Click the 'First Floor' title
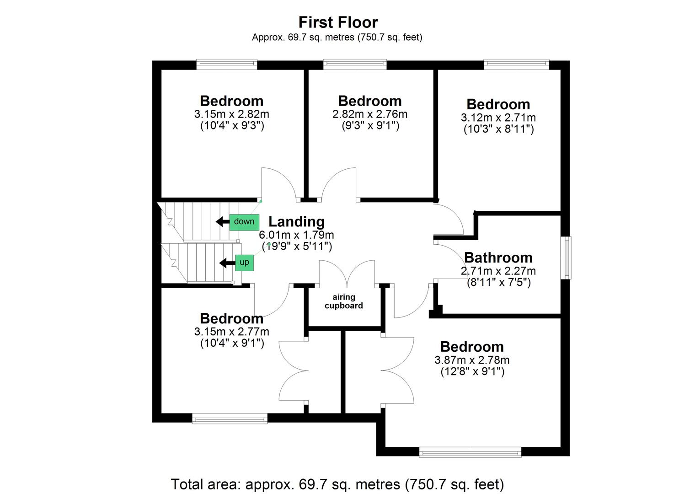pos(338,22)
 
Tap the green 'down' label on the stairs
pos(244,222)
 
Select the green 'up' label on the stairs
pos(244,263)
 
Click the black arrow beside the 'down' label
pos(222,222)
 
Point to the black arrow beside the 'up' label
pos(226,263)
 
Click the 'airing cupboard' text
pos(344,301)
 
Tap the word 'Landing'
pos(296,221)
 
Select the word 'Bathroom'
pos(498,258)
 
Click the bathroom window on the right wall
pos(567,258)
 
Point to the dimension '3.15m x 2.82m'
pos(231,114)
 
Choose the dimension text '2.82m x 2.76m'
pos(370,114)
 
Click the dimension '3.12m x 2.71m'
pos(498,118)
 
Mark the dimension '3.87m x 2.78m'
pos(472,360)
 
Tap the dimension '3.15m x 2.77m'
pos(231,331)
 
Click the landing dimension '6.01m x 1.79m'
pos(296,235)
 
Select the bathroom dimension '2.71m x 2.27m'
pos(498,271)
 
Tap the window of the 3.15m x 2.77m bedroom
pos(230,418)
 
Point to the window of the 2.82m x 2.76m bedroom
pos(355,64)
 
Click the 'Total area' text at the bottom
pos(337,483)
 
